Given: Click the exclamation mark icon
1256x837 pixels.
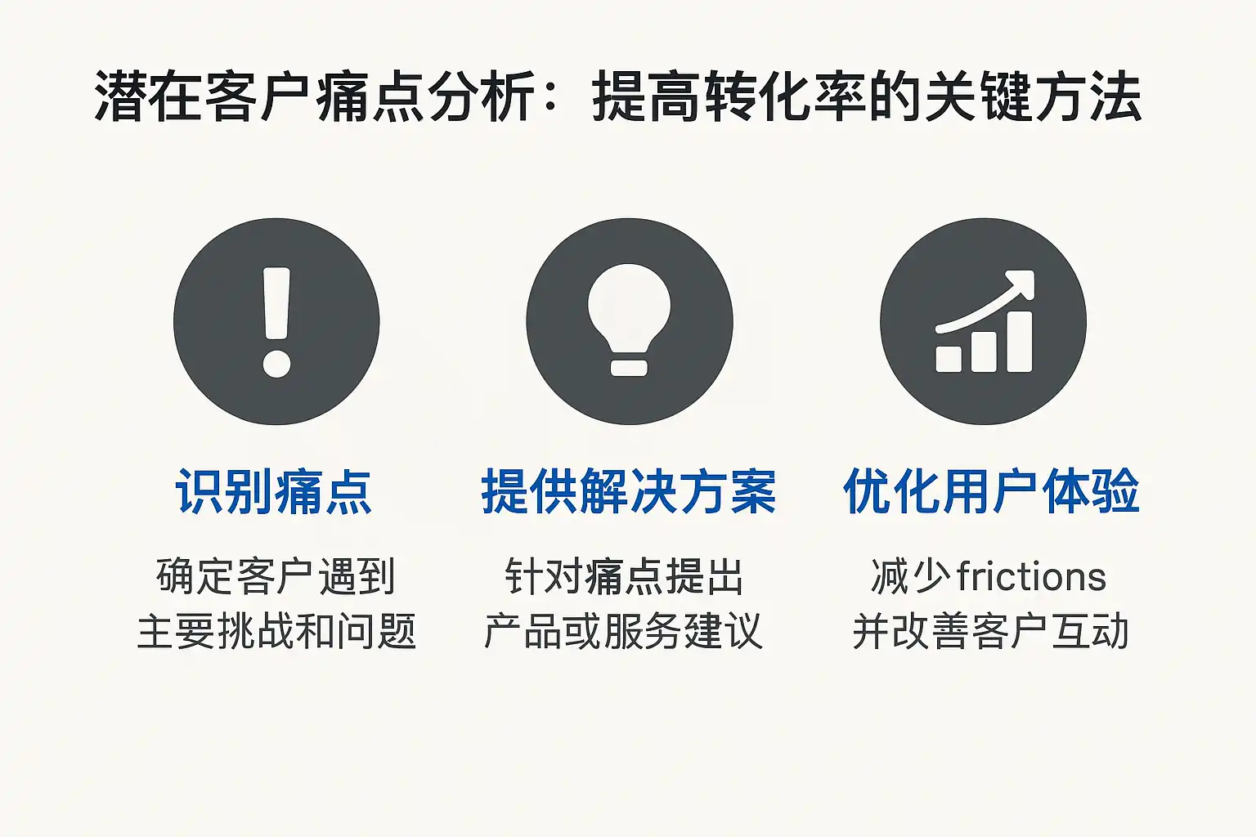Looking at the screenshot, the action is tap(276, 321).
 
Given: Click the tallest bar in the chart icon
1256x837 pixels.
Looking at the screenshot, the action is tap(1020, 342).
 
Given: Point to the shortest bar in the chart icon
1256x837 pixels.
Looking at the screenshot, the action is tap(949, 359).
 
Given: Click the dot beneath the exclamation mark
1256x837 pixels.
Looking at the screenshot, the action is tap(277, 363).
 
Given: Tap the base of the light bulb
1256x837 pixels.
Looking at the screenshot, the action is tap(629, 368).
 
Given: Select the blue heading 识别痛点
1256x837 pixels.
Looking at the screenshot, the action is tap(274, 492).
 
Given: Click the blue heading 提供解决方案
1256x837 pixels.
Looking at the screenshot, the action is tap(629, 492).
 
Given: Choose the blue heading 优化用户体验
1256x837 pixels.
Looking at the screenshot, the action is tap(991, 492).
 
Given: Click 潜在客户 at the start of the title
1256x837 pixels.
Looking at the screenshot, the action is tap(202, 96).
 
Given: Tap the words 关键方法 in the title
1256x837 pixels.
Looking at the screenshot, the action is tap(1034, 96).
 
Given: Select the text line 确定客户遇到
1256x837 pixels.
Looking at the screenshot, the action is tap(276, 575).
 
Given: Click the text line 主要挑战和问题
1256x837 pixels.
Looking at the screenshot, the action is tap(276, 631).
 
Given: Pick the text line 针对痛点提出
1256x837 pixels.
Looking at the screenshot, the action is tap(624, 575).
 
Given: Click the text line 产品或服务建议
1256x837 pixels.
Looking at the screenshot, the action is tap(624, 631).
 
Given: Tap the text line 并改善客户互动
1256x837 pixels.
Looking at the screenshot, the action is tap(991, 631).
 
